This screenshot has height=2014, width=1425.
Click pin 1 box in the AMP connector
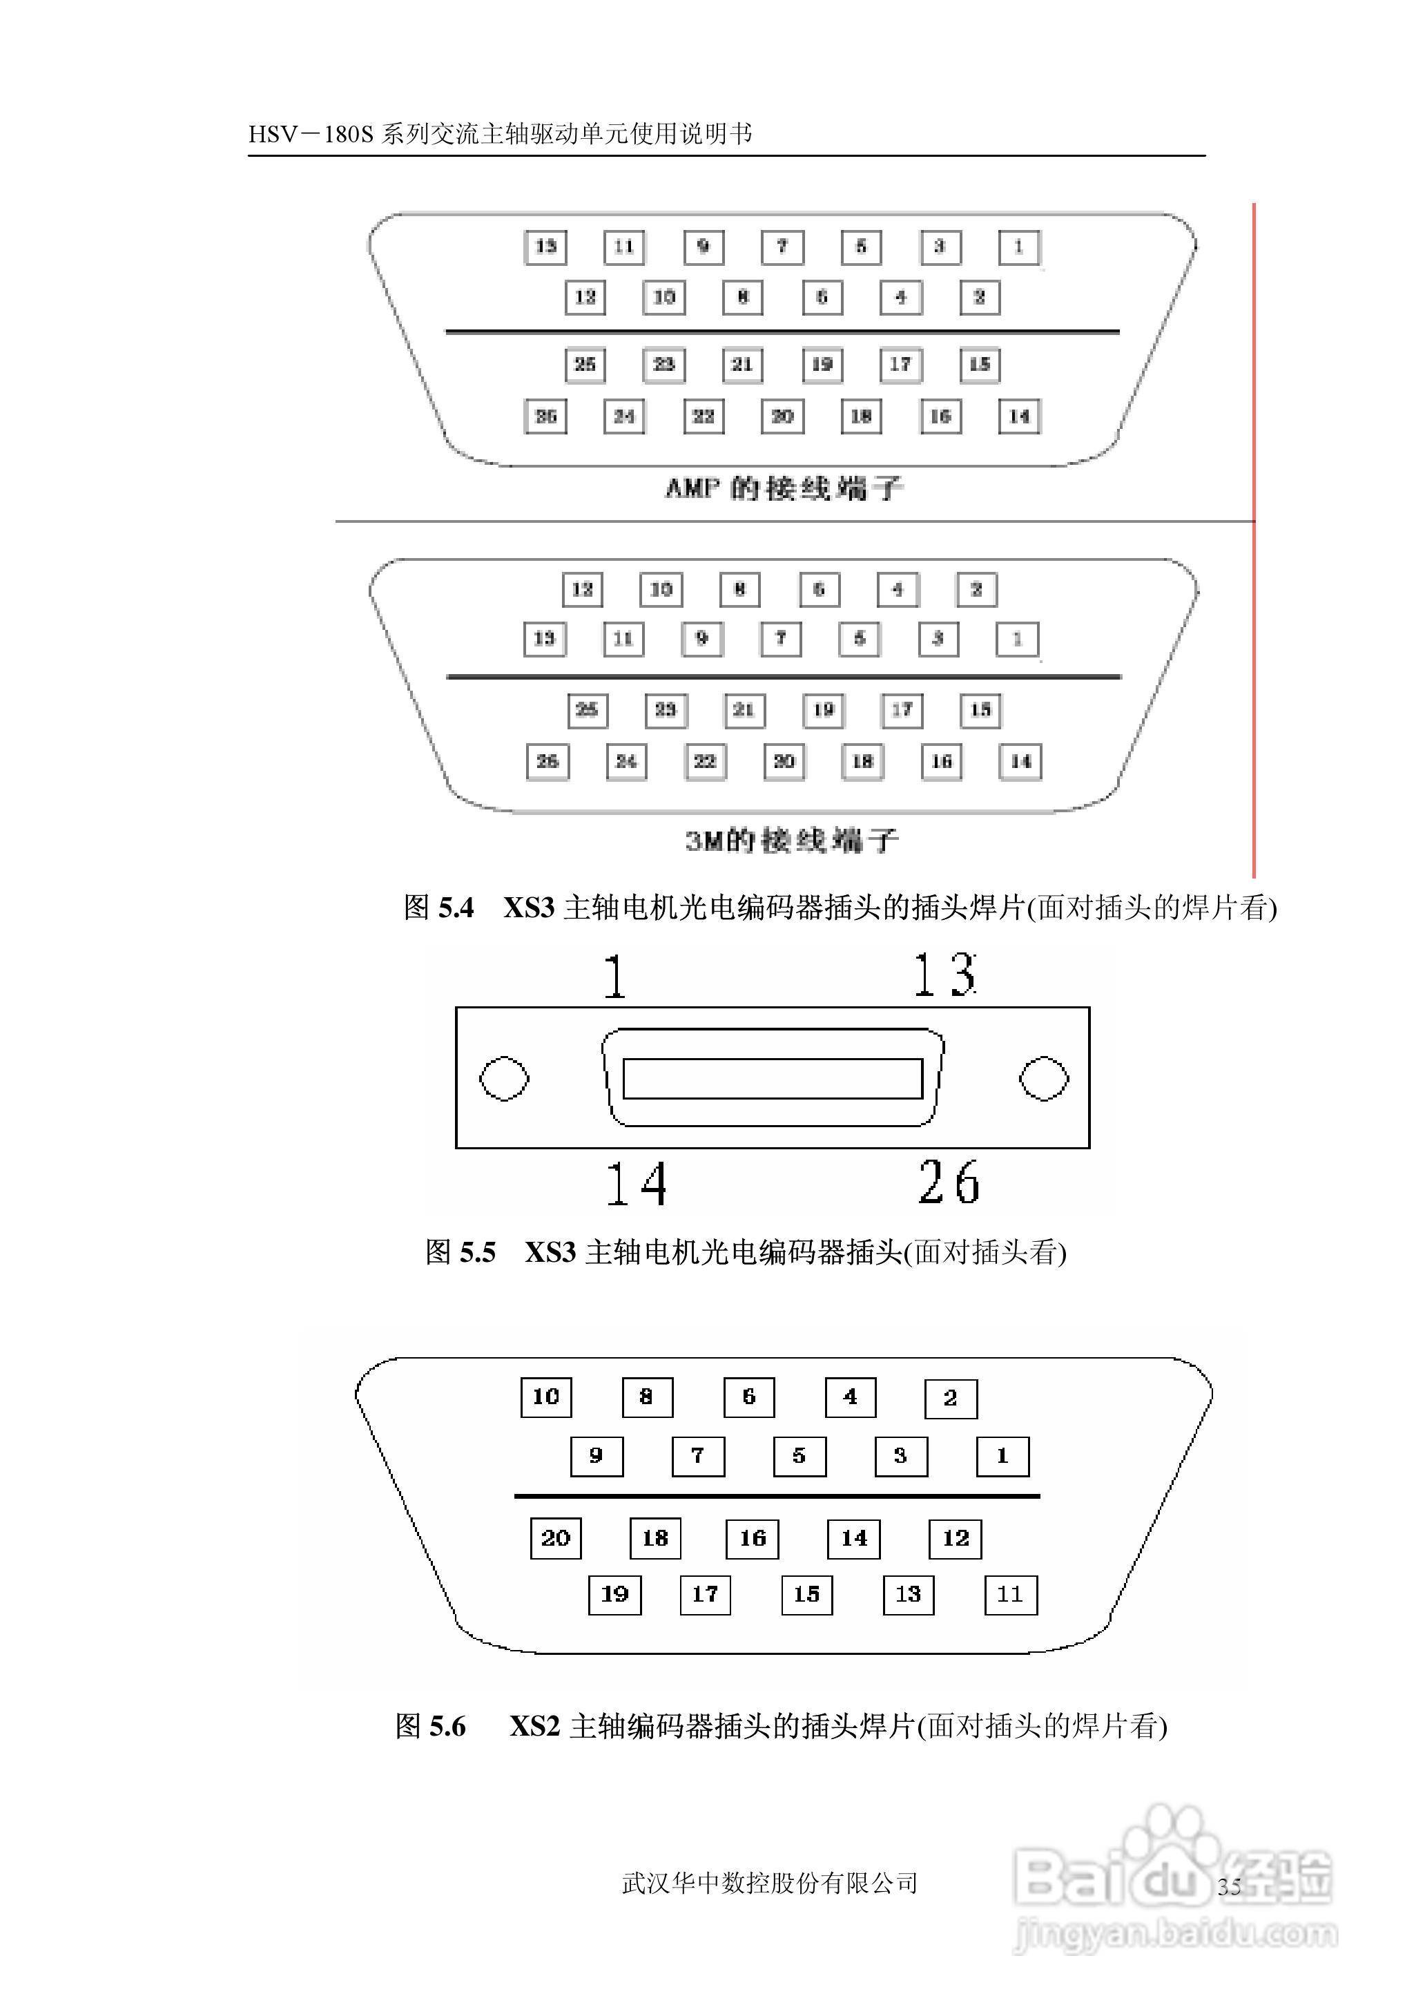pyautogui.click(x=1019, y=247)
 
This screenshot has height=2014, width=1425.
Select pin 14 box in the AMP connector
pyautogui.click(x=1019, y=416)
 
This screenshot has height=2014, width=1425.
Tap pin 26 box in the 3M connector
pyautogui.click(x=547, y=761)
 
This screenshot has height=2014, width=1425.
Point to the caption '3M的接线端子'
pyautogui.click(x=791, y=840)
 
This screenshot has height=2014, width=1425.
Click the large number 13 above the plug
pyautogui.click(x=944, y=975)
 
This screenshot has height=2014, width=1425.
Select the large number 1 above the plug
pyautogui.click(x=615, y=977)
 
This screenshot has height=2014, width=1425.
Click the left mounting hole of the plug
pyautogui.click(x=505, y=1079)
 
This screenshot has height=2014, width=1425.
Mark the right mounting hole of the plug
pyautogui.click(x=1043, y=1079)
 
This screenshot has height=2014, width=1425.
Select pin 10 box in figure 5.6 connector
pyautogui.click(x=546, y=1397)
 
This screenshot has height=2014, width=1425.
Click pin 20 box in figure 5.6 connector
pyautogui.click(x=556, y=1538)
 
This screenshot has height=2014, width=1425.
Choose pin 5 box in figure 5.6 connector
pyautogui.click(x=799, y=1456)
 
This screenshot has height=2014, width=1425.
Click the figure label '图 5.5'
pyautogui.click(x=461, y=1251)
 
